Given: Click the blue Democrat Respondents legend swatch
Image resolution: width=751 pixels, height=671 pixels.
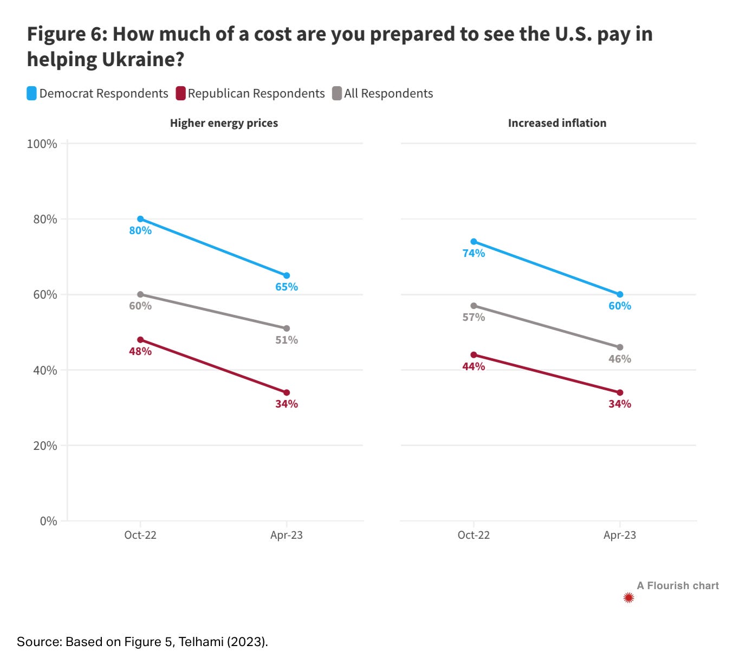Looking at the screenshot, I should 32,93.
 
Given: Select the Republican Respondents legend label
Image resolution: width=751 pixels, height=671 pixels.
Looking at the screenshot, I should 256,93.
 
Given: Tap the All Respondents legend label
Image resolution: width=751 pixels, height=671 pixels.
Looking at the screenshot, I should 389,93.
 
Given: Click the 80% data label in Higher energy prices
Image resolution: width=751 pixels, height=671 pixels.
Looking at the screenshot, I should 140,230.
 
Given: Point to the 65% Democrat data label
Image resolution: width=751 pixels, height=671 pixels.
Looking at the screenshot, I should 287,287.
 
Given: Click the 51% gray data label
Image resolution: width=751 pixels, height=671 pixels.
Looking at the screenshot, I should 287,340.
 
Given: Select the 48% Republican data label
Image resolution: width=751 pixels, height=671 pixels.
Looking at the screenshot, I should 140,351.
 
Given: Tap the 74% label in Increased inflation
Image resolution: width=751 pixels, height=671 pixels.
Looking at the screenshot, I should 474,253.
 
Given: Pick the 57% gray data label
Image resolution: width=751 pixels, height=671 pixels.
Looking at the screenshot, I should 474,317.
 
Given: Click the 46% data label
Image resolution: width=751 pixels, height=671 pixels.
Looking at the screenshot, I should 620,359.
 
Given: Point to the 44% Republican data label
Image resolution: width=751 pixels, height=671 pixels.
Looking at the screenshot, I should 474,366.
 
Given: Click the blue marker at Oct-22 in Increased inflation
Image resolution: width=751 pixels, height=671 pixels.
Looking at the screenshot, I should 474,242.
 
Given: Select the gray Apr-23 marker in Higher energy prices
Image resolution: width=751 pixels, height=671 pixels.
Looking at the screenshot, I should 287,328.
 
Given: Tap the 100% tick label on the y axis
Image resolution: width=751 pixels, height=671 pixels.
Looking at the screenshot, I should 42,144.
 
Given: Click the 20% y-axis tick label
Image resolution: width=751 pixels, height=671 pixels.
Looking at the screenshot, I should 44,446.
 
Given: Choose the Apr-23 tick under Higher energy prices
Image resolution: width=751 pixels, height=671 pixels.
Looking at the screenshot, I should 287,535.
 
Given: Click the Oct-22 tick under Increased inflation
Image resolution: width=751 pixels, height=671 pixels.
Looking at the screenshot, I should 474,535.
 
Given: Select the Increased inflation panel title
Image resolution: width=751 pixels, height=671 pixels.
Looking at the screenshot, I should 557,123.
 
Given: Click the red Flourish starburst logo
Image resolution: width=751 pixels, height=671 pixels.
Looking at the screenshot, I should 629,598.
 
